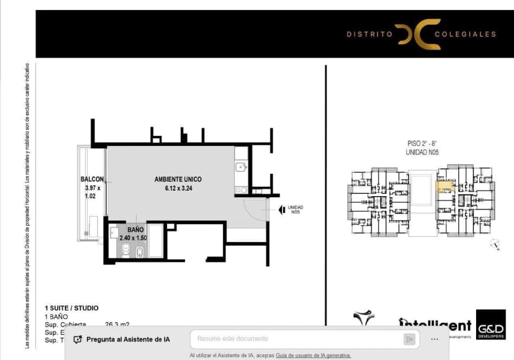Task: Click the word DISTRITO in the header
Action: (x=369, y=34)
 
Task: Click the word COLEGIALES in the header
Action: (x=465, y=34)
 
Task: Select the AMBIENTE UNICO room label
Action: (x=178, y=179)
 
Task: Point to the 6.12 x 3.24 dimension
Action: (x=178, y=189)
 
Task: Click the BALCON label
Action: (x=92, y=179)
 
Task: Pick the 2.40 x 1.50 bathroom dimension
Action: (x=133, y=238)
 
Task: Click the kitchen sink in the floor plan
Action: (x=241, y=166)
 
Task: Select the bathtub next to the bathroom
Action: (x=155, y=242)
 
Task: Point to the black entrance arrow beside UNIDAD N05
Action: (x=282, y=209)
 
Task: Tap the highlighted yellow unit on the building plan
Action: (x=444, y=185)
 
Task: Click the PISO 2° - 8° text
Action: (x=422, y=143)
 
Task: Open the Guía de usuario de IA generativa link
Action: (x=313, y=356)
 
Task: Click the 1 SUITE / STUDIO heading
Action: (x=71, y=308)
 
